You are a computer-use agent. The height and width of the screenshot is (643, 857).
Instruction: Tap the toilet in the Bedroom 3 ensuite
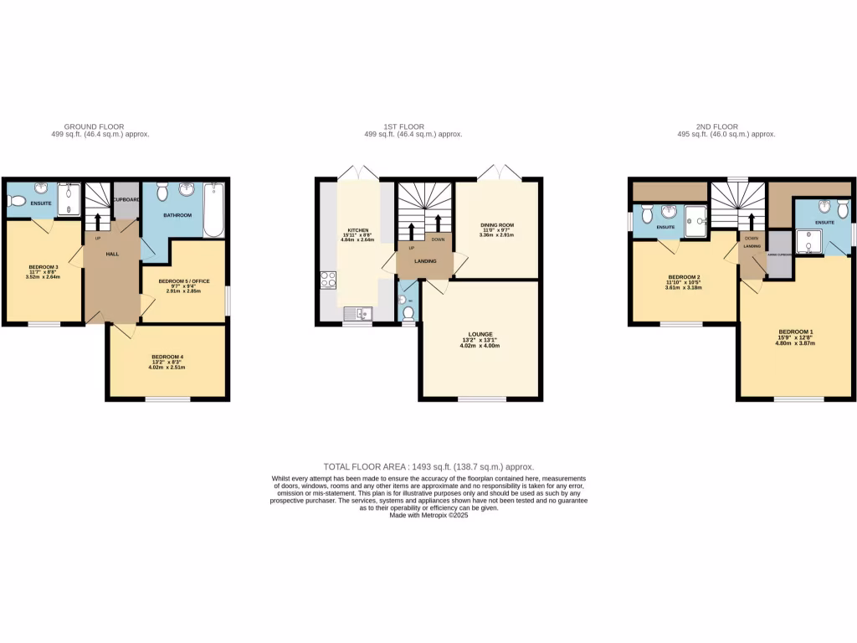point(17,201)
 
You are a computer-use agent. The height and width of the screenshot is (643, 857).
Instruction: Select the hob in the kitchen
point(327,280)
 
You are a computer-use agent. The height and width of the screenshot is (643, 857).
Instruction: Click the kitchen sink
point(361,313)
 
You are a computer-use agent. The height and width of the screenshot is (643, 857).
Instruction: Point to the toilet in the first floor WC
point(408,313)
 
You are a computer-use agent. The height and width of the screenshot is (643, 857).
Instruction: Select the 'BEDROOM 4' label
point(167,357)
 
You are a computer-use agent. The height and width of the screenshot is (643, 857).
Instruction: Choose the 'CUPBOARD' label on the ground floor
point(127,199)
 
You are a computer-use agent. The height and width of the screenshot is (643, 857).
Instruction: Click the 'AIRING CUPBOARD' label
point(778,254)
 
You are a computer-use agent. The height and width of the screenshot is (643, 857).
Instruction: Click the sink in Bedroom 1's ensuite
point(824,203)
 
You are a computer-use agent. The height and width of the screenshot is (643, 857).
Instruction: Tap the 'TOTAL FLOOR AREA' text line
point(428,466)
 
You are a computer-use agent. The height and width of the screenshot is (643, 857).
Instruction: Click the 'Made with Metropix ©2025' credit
point(428,516)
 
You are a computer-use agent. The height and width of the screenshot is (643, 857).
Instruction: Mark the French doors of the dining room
point(499,173)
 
